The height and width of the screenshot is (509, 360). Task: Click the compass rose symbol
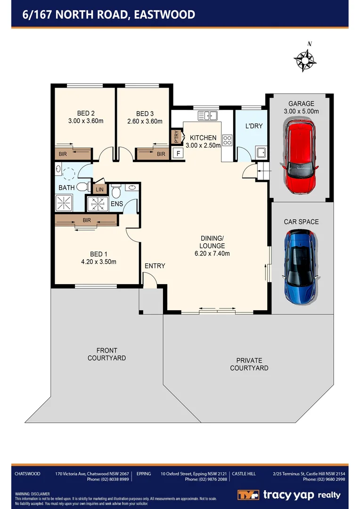point(304,59)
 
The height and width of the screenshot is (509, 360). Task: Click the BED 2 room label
point(86,113)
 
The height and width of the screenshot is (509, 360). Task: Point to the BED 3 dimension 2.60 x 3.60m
point(145,121)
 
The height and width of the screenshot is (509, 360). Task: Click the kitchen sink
point(207,115)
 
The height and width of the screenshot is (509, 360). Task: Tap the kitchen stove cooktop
point(227,140)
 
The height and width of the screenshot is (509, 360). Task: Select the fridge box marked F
point(178,153)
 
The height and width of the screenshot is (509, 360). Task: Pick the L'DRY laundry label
point(254,126)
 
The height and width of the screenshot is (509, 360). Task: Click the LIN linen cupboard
point(99,189)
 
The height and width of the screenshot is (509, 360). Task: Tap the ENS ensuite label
point(116,204)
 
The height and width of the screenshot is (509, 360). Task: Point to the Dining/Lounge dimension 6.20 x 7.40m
point(212,254)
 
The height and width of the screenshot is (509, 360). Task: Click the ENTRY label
point(155,266)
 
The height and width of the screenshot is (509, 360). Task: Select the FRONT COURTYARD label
point(106,354)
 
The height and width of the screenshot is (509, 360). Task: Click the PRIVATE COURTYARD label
point(249,364)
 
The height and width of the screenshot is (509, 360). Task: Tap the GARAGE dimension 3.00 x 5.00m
point(302,112)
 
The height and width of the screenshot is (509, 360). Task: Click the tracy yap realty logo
point(288,495)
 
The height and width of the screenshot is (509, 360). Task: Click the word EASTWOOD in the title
point(164,15)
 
